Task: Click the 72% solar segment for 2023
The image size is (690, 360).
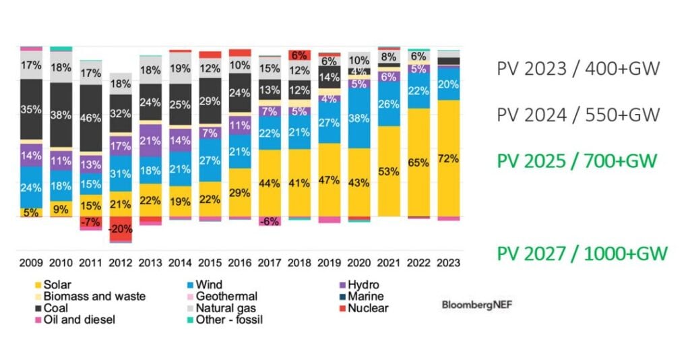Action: tap(448, 158)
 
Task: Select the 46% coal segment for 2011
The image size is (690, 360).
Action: tap(91, 118)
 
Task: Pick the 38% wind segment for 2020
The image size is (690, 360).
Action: tap(358, 119)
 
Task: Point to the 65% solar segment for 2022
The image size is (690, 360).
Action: tap(418, 162)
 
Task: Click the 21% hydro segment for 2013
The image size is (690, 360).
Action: tap(151, 140)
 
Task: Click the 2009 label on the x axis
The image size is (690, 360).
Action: tap(32, 263)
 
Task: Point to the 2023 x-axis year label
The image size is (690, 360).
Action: tap(448, 263)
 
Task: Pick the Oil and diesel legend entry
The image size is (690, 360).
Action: tap(73, 320)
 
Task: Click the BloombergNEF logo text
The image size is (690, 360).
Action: tap(476, 305)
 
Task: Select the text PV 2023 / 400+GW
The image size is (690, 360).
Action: tap(577, 68)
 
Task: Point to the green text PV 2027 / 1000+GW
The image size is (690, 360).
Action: tap(582, 253)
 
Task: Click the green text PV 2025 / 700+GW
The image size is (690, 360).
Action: tap(577, 161)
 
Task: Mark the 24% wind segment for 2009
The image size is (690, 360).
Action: tap(32, 187)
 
